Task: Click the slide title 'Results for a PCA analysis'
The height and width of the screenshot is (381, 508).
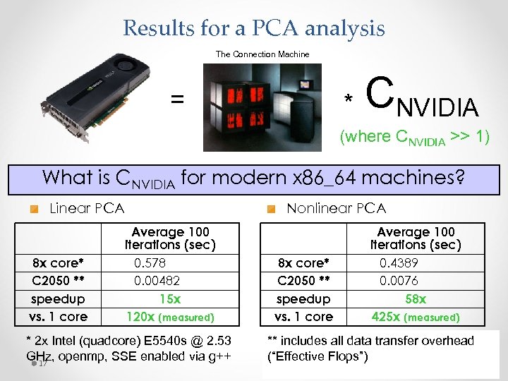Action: [x=254, y=28]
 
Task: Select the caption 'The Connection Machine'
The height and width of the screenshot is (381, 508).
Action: [x=262, y=54]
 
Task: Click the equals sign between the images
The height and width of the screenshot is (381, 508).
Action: [x=176, y=100]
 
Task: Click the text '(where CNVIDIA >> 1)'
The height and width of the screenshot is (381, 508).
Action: [x=414, y=137]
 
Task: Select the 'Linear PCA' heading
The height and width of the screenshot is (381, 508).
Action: [x=87, y=208]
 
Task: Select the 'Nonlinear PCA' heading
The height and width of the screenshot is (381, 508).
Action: [x=336, y=208]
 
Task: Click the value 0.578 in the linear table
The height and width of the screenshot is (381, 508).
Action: [x=150, y=263]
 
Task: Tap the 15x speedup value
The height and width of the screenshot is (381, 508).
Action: [x=170, y=298]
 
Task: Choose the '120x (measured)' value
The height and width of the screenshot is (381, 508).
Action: [x=169, y=317]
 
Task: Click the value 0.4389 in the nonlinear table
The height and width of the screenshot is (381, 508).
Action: [x=399, y=263]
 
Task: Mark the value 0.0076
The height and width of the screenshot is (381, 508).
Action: [x=399, y=281]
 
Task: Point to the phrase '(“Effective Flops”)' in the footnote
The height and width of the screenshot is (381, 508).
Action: [x=317, y=356]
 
